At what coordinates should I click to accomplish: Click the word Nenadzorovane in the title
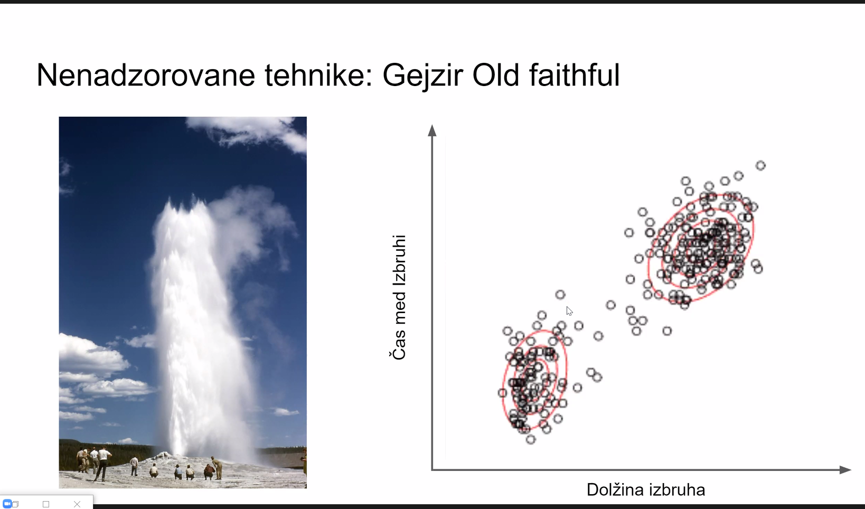coord(146,75)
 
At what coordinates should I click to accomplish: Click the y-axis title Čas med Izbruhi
coord(399,297)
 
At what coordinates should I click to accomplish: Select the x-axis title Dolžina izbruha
coord(646,489)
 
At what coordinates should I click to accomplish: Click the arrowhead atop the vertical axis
coord(432,130)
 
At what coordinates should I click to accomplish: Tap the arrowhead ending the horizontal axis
coord(845,469)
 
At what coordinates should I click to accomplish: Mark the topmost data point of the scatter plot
coord(760,166)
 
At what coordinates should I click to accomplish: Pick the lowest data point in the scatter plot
coord(531,439)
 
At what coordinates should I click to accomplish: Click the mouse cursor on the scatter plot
coord(569,311)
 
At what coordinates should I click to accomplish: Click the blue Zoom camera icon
coord(7,504)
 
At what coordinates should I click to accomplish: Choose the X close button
coord(77,504)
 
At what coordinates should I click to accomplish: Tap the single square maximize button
coord(46,504)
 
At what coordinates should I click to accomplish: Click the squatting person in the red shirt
coord(209,471)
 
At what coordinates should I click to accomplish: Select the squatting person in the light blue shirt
coord(178,472)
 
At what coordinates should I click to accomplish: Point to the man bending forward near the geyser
coord(218,468)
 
